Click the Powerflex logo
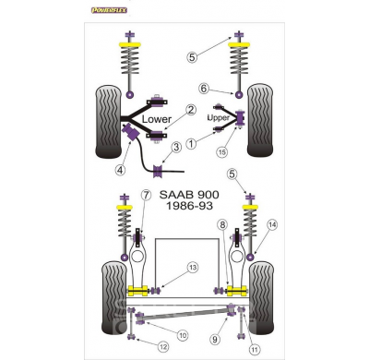109,10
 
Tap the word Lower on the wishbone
157,119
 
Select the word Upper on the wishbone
219,118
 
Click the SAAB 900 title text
189,195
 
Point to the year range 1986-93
189,206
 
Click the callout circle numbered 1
191,143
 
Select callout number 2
191,110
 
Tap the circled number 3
176,147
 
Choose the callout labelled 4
120,170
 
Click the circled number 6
204,89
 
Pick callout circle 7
147,195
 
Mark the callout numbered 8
222,224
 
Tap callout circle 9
215,340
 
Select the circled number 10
183,335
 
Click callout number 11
255,350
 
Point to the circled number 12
163,347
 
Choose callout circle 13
193,268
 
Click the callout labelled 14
272,225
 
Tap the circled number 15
222,151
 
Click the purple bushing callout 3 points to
158,171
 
